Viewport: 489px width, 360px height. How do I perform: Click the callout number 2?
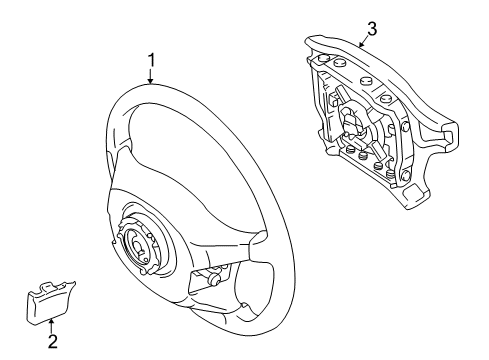coord(52,341)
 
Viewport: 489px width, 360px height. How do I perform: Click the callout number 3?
coord(371,29)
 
